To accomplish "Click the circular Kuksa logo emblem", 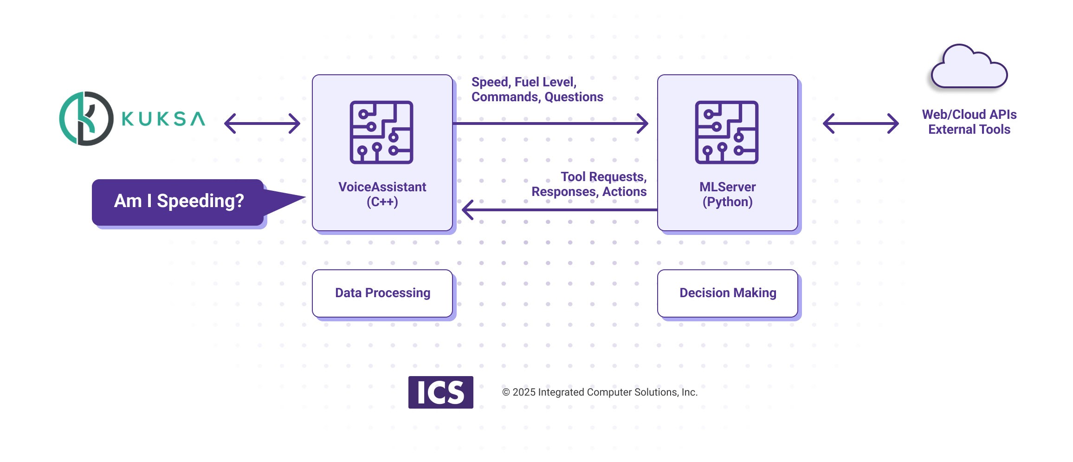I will coord(86,118).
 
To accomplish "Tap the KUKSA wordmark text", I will coord(163,119).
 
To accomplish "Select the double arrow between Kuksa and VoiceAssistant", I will coord(262,124).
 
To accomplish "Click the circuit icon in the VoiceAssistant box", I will coord(381,132).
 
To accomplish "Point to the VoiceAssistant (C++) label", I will coord(382,194).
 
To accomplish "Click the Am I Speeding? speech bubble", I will coord(178,202).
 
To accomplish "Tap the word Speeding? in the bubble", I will coord(200,201).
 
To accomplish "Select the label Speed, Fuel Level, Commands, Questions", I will coord(537,90).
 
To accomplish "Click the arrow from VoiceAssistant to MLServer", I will coord(550,124).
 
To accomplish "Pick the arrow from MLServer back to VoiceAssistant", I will coord(559,210).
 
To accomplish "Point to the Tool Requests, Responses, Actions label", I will coord(589,184).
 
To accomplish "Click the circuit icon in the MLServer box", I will coord(727,132).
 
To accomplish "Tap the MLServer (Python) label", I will coord(727,194).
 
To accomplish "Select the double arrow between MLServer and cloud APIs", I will coord(860,124).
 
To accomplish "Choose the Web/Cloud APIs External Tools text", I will coord(969,122).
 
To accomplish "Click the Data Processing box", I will coord(382,293).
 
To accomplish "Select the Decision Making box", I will coord(727,293).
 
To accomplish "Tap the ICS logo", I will coord(440,392).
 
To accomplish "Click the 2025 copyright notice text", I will coord(600,392).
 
